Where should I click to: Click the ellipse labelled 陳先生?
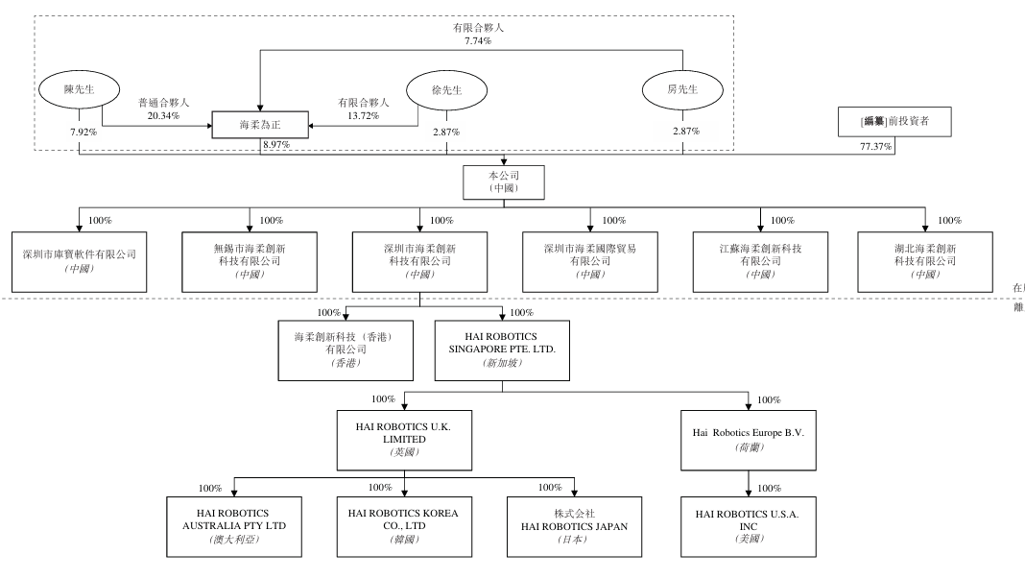(79, 89)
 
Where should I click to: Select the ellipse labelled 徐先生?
(446, 90)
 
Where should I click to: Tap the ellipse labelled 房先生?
(682, 89)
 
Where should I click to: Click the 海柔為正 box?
(260, 124)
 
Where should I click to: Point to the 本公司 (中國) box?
(503, 181)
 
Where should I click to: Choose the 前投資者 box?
(894, 122)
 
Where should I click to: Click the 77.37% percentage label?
(875, 147)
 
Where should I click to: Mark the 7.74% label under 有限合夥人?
(478, 40)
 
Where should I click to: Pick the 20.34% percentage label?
(163, 116)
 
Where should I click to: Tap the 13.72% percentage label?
(363, 116)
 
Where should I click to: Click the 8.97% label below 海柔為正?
(276, 145)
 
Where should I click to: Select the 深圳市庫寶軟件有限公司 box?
(79, 262)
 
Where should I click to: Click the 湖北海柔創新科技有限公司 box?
(925, 262)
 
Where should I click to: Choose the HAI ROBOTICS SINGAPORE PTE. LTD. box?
(502, 350)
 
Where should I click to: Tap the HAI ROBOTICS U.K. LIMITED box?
(404, 440)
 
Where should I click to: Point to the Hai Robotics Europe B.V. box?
(749, 440)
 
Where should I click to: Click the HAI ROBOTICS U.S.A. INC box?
(749, 526)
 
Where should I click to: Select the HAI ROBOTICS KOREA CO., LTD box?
(404, 526)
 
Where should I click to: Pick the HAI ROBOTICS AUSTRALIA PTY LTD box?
(234, 526)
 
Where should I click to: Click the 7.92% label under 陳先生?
(83, 133)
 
